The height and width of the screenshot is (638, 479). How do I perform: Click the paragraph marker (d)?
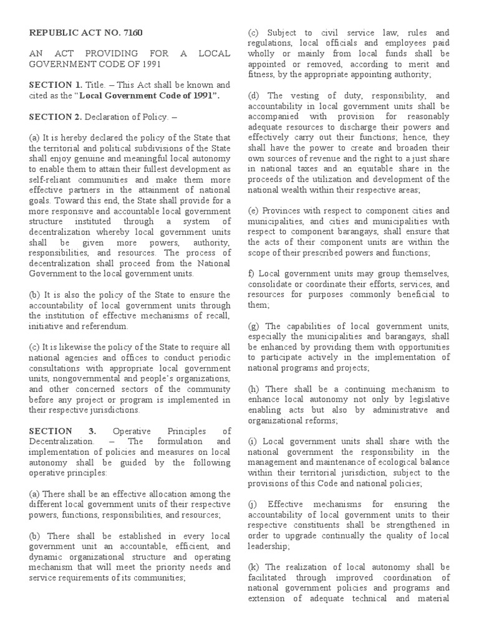[x=254, y=95]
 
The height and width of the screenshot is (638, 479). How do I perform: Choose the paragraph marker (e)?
[x=254, y=211]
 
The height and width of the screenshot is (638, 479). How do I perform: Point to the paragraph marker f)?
[x=251, y=274]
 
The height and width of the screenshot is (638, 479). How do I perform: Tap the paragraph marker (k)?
[x=254, y=567]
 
